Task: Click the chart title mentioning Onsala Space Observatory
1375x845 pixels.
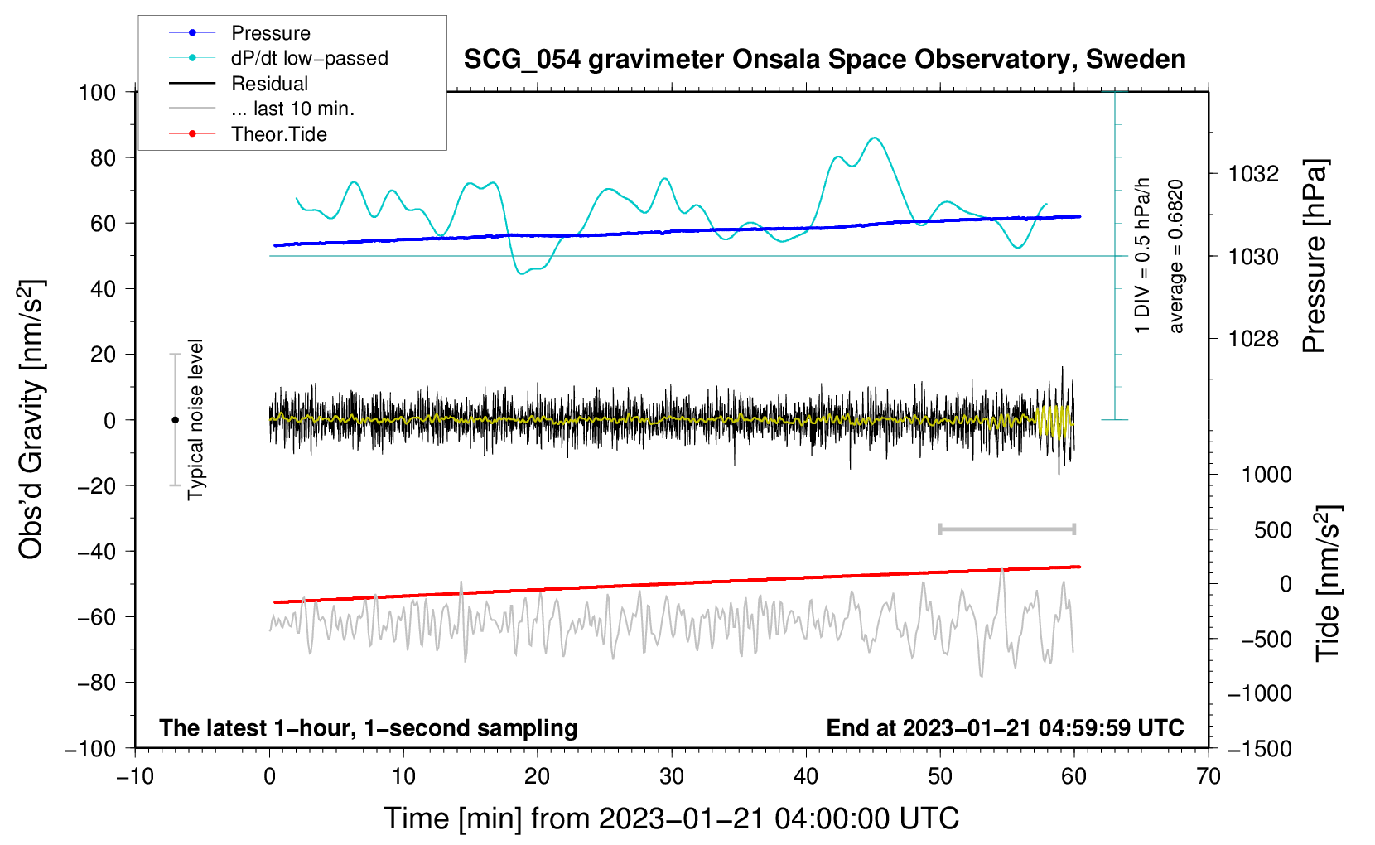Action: pyautogui.click(x=824, y=60)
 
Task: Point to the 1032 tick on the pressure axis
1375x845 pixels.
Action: pyautogui.click(x=1254, y=174)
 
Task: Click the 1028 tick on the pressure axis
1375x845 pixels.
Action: pyautogui.click(x=1254, y=339)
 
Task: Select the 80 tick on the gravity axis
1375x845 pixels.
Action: pyautogui.click(x=103, y=157)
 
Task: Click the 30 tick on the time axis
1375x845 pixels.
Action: pyautogui.click(x=672, y=776)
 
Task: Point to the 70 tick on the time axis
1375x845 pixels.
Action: pyautogui.click(x=1209, y=776)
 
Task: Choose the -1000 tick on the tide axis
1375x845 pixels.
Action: pyautogui.click(x=1260, y=693)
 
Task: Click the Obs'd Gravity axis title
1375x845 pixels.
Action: pyautogui.click(x=31, y=419)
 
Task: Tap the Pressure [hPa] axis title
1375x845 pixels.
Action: pyautogui.click(x=1315, y=257)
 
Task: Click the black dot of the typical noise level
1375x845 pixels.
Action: pyautogui.click(x=175, y=420)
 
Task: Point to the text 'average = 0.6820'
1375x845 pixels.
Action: pyautogui.click(x=1175, y=257)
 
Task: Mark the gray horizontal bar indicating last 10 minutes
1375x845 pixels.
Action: pyautogui.click(x=1006, y=529)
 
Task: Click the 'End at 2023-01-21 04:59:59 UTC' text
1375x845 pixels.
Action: pyautogui.click(x=1005, y=728)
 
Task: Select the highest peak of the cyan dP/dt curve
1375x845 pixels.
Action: pyautogui.click(x=875, y=138)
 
